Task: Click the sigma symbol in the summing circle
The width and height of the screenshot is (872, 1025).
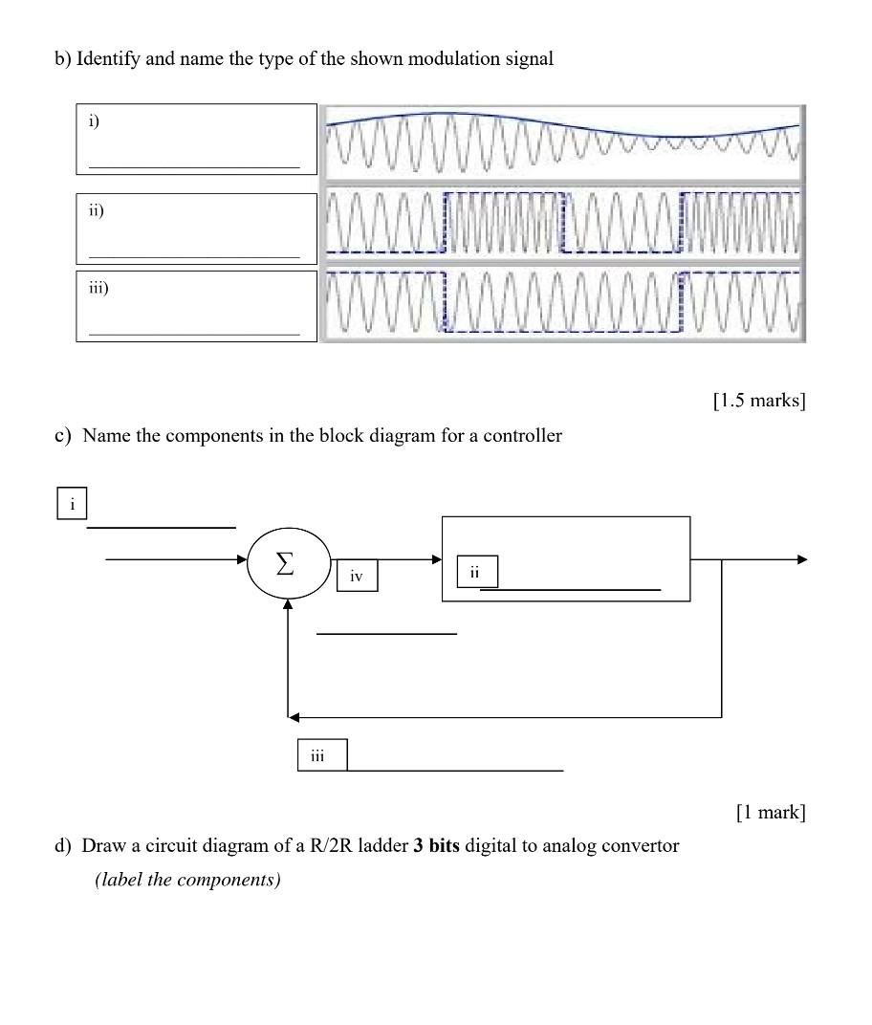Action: (285, 564)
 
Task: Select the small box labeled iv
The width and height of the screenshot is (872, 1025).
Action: (357, 576)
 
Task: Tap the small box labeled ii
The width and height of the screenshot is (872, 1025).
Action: (475, 571)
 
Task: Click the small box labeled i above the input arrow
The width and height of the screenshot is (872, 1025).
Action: (72, 503)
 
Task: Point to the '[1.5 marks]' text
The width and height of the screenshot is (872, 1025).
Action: (759, 401)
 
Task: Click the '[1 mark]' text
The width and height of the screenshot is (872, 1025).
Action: (771, 813)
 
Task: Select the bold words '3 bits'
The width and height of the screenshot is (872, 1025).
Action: (437, 846)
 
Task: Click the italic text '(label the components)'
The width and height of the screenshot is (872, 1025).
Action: (187, 880)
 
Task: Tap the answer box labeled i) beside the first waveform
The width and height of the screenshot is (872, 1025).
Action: (196, 140)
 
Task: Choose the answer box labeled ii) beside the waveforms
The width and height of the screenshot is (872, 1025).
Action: (196, 229)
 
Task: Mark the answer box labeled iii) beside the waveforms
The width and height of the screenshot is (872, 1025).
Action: (196, 306)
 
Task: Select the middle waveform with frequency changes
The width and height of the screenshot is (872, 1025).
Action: (562, 224)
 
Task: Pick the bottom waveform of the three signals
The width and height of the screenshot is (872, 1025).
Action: (562, 303)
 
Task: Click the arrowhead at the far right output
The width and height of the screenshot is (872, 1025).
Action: (801, 559)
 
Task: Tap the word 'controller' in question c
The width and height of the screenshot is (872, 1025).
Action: (522, 436)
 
